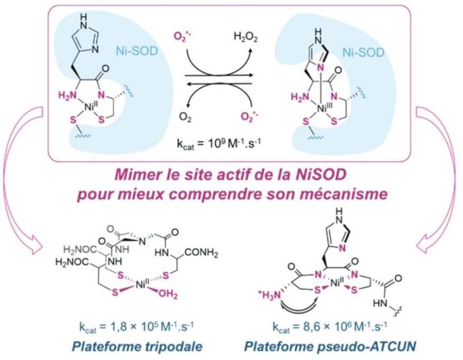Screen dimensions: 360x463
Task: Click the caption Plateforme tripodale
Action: pos(139,346)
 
